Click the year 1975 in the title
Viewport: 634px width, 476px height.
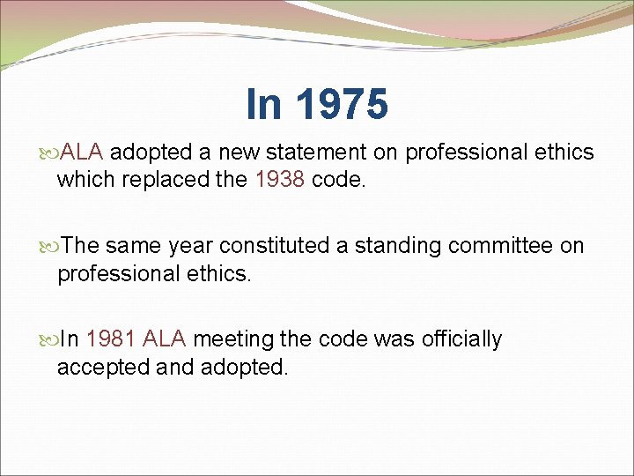pyautogui.click(x=342, y=104)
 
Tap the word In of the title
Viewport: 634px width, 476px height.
pyautogui.click(x=265, y=104)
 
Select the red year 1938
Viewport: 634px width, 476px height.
pyautogui.click(x=279, y=181)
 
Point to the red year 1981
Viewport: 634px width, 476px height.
pyautogui.click(x=112, y=339)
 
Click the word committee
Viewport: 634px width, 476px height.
pyautogui.click(x=502, y=246)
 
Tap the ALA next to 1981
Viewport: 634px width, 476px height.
pyautogui.click(x=165, y=339)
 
